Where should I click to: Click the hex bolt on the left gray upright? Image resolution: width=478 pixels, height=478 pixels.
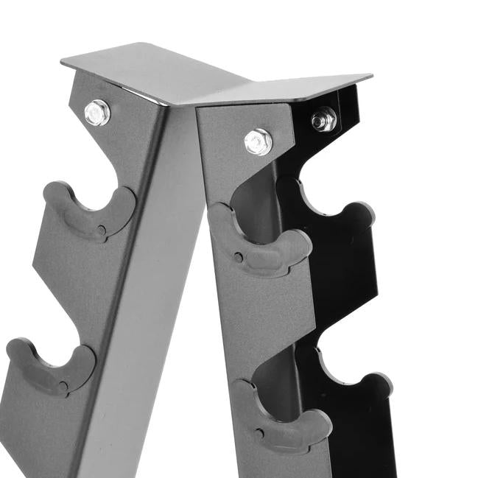click(97, 112)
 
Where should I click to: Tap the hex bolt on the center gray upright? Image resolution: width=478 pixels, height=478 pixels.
click(258, 141)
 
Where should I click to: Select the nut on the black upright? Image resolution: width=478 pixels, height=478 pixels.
click(323, 119)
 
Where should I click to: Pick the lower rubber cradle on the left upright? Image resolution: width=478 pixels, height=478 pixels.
click(52, 368)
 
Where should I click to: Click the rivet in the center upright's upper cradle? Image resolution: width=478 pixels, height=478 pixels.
click(239, 257)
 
